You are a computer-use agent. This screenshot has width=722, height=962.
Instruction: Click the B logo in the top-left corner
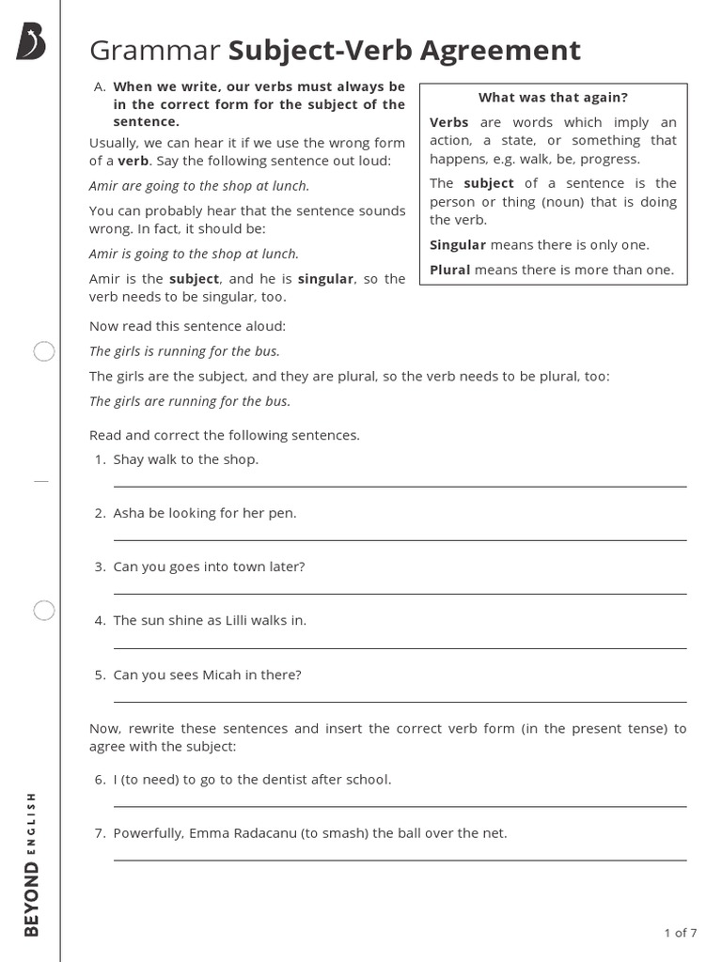tap(32, 43)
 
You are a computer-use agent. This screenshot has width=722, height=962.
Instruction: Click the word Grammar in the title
tap(155, 50)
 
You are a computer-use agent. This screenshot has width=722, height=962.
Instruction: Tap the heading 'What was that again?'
tap(553, 98)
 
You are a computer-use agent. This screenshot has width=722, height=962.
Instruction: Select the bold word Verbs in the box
tap(449, 122)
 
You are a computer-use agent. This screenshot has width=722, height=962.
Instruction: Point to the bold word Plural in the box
tap(450, 270)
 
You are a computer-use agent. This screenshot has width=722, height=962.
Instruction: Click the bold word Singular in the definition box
tap(458, 245)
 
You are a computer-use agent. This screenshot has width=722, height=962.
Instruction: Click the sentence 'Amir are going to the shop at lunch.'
tap(199, 186)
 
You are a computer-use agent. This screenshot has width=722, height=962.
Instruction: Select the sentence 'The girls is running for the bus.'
tap(184, 351)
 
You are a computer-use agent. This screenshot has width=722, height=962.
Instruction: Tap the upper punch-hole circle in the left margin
tap(44, 352)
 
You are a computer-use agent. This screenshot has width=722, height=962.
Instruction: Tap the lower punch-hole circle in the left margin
tap(44, 611)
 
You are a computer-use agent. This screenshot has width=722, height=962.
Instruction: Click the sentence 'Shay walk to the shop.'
tap(185, 459)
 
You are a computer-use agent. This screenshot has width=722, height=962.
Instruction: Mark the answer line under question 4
tap(400, 647)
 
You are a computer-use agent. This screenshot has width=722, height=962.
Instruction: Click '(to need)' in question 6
tap(153, 780)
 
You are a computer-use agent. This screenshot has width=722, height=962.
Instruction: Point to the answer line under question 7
tap(400, 860)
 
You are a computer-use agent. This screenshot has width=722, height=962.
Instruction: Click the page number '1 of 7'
tap(680, 933)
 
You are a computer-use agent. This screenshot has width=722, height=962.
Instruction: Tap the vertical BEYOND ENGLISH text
tap(32, 862)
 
